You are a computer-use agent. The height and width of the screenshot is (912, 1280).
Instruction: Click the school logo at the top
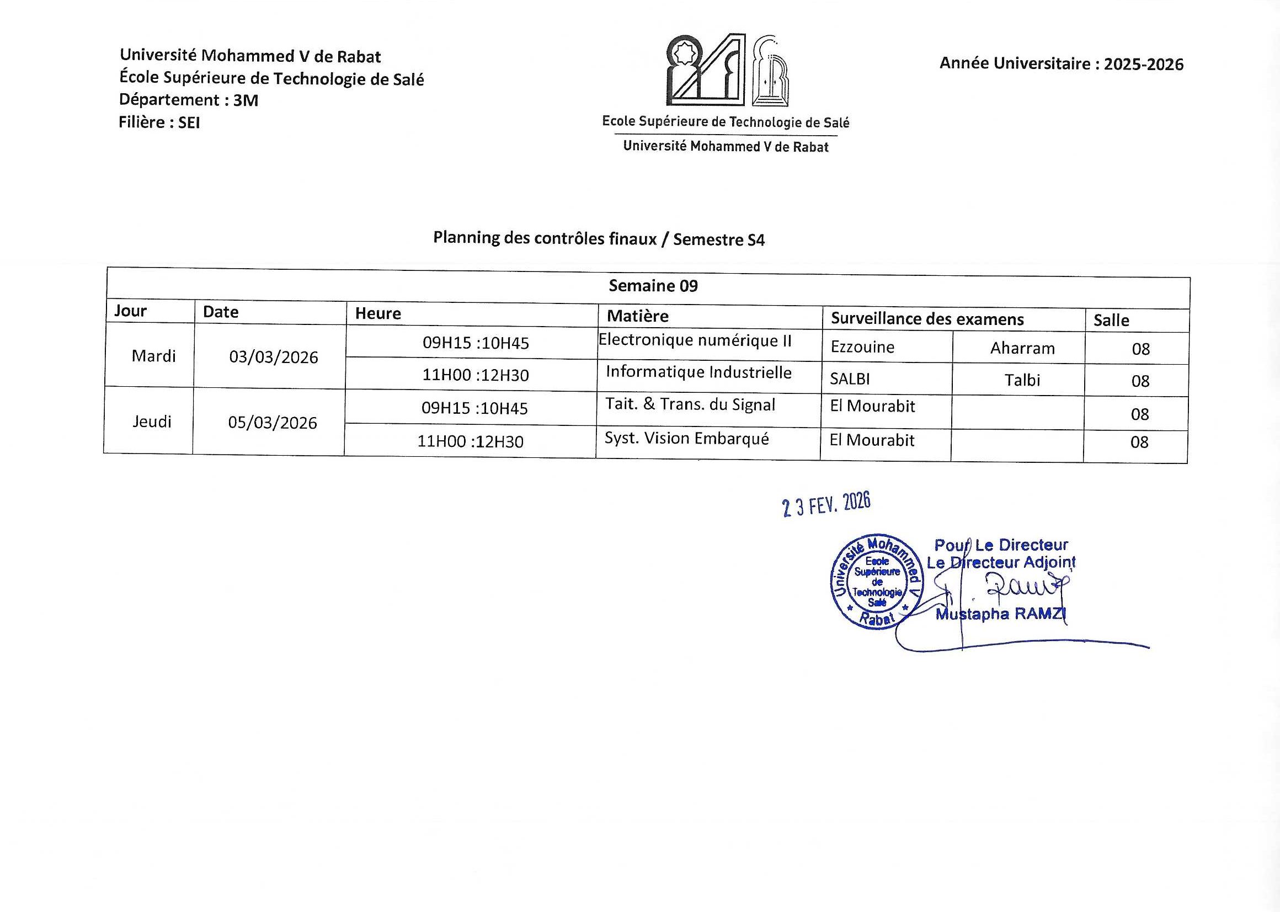[x=726, y=70]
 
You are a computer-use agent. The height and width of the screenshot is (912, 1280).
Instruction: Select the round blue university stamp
[x=876, y=581]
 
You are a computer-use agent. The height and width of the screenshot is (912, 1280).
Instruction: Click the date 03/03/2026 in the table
[x=274, y=357]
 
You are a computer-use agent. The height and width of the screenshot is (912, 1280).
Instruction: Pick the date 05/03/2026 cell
[x=273, y=423]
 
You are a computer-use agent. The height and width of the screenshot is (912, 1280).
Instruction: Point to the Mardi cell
[x=153, y=356]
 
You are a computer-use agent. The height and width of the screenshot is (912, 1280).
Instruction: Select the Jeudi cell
[x=152, y=422]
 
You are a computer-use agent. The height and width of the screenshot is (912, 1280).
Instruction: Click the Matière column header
[x=637, y=316]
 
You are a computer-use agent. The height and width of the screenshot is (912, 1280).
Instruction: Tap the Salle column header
[x=1111, y=321]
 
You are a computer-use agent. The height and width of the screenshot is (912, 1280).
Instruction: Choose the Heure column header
[x=378, y=313]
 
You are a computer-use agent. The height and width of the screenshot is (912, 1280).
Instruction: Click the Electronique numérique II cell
[x=695, y=340]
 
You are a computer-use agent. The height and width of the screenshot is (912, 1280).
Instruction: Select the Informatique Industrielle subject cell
[x=698, y=372]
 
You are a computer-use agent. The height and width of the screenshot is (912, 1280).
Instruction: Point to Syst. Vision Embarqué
[x=686, y=439]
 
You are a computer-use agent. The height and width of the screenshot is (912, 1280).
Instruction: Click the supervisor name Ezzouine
[x=862, y=347]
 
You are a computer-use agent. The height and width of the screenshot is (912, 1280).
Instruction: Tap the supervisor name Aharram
[x=1022, y=349]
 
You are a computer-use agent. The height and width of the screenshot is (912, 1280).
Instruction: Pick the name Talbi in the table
[x=1022, y=381]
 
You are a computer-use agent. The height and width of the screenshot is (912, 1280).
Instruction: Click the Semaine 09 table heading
[x=653, y=286]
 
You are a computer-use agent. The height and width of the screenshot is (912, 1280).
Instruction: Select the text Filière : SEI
[x=159, y=122]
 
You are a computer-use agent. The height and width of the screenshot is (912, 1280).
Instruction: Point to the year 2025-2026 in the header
[x=1143, y=65]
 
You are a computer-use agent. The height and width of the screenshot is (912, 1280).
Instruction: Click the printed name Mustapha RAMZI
[x=1000, y=615]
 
